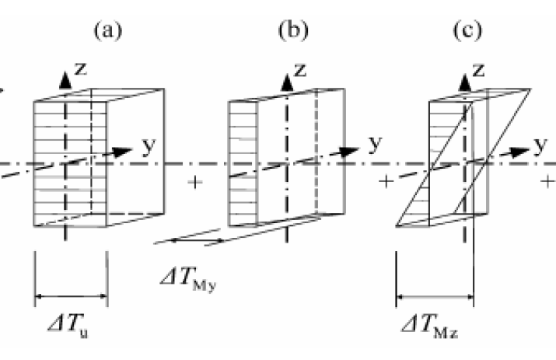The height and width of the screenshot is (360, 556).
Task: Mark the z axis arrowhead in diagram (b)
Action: [286, 79]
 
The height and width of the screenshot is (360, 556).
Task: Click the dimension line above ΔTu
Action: [71, 295]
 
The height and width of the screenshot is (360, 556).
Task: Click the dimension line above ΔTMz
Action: [435, 296]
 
